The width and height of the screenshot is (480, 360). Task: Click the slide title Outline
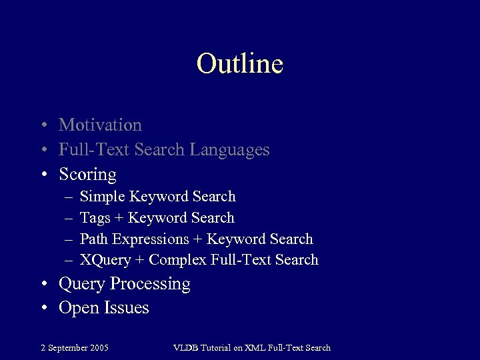pos(240,64)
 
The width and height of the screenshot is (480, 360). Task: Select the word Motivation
pos(100,125)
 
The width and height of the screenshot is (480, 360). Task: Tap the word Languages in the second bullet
pos(229,150)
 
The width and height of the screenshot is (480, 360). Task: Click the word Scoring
pos(87,175)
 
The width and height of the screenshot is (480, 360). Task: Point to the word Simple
pos(102,197)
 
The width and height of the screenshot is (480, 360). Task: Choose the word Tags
pos(95,218)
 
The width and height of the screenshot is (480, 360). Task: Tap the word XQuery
pos(105,260)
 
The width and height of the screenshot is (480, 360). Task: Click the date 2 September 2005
pos(75,347)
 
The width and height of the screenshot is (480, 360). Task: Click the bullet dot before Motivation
pos(44,125)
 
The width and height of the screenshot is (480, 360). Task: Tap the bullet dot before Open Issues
pos(44,309)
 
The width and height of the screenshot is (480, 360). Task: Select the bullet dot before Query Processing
pos(44,285)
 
